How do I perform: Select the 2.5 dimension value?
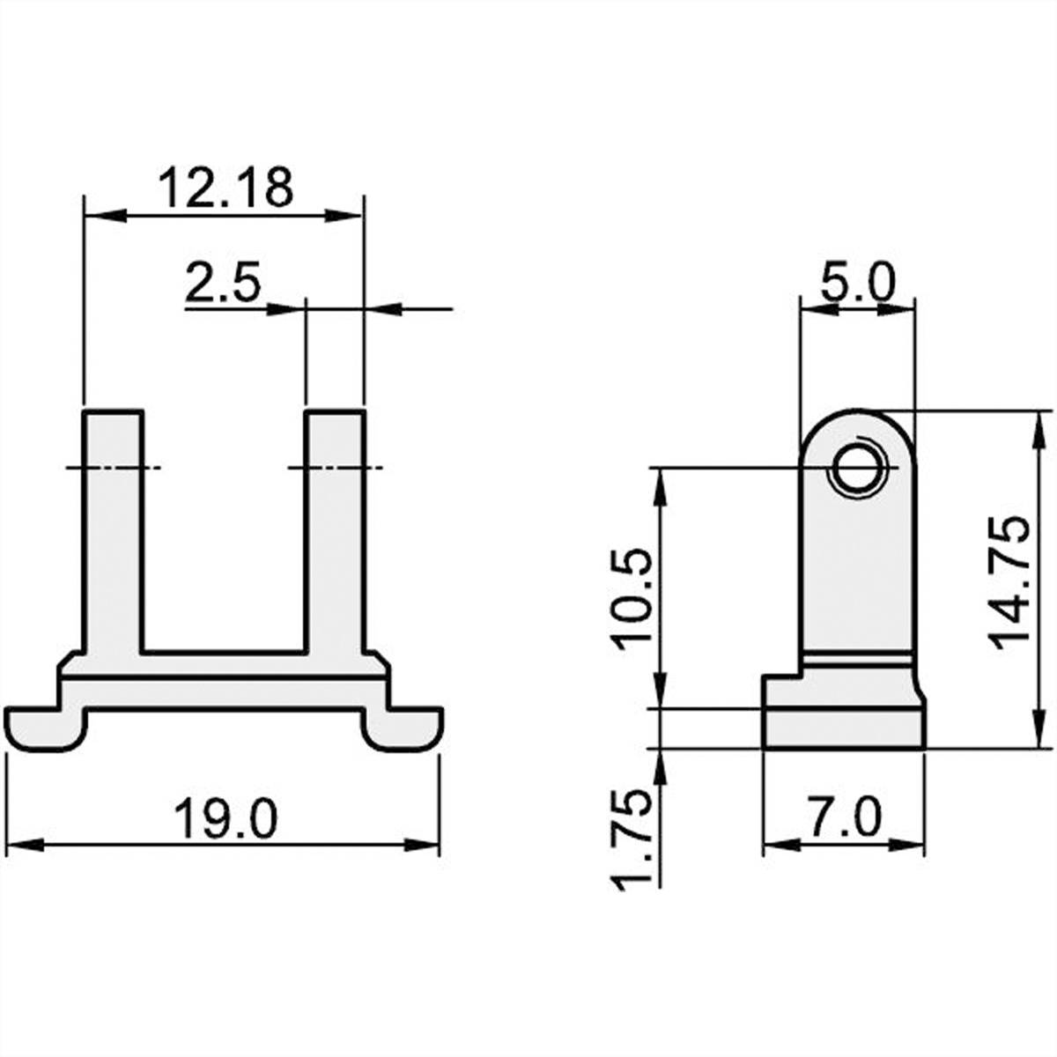223,285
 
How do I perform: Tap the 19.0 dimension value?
225,818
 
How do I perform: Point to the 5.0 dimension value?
857,285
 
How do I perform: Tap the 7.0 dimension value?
844,818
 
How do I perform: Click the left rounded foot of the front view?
46,728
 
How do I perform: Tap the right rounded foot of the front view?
403,728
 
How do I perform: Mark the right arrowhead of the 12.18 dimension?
345,214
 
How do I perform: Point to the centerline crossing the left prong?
113,467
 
